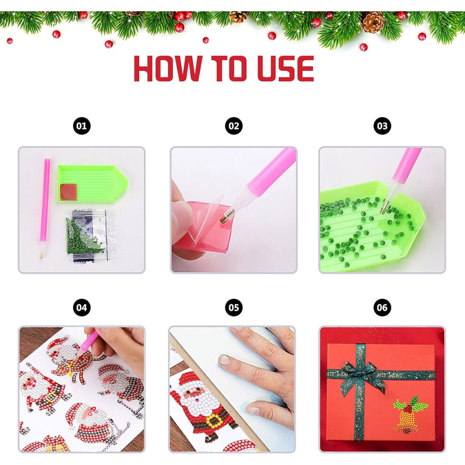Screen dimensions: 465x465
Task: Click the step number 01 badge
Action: [82, 126]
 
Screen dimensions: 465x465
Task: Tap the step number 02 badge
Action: [234, 126]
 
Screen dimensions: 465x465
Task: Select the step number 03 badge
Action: [382, 126]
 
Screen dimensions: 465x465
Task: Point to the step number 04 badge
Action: [82, 308]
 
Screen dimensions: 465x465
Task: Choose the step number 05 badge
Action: [234, 308]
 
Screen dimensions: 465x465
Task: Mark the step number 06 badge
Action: [382, 308]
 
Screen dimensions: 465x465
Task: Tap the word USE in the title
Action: [285, 69]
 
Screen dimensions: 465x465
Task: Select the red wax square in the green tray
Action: [69, 192]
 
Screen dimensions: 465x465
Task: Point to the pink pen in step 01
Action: [45, 208]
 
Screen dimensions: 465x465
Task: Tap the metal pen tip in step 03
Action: [384, 207]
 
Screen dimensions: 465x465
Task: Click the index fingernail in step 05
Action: [225, 360]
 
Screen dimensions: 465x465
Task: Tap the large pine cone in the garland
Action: [373, 22]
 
